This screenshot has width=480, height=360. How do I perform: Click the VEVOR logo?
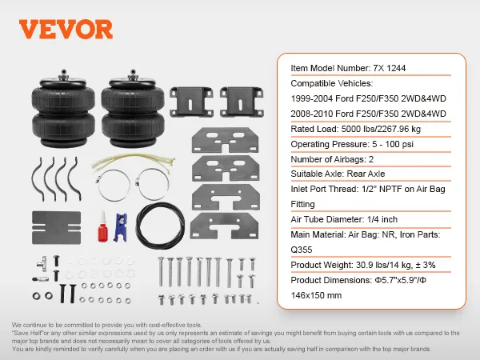[62, 30]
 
